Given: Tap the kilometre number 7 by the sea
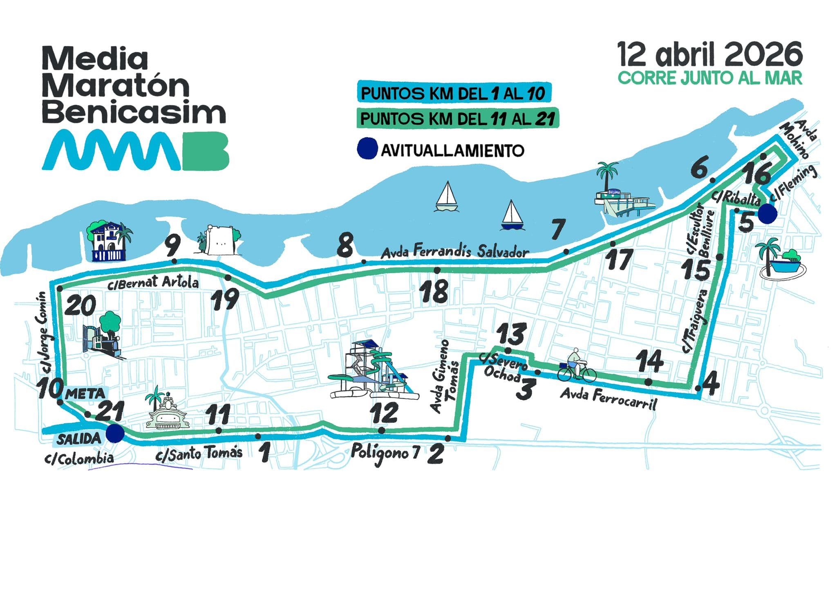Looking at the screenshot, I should tap(558, 230).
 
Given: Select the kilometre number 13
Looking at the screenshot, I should tap(511, 334).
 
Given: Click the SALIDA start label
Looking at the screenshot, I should tap(78, 439).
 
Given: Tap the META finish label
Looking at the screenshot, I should tap(85, 394).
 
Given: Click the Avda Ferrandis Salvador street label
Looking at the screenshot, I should tap(455, 251).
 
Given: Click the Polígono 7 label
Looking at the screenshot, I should tap(385, 453).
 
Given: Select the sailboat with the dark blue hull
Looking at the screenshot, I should tap(512, 216).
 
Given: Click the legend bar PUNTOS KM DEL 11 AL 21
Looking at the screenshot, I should tap(457, 119).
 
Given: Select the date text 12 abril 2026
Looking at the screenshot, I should tap(709, 55).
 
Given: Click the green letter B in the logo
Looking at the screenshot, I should tap(205, 150).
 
